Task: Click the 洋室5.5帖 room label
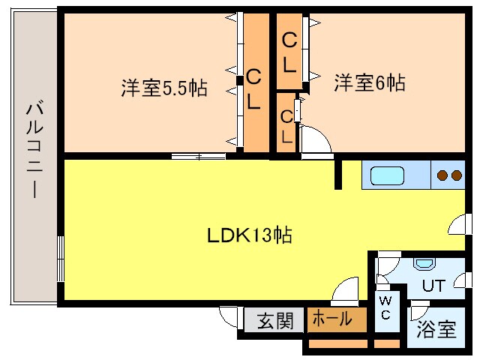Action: (164, 88)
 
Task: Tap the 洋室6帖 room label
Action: (370, 82)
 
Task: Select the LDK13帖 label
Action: (249, 235)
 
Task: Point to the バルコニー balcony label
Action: (34, 150)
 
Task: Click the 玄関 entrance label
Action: (274, 320)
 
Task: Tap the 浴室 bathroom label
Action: (436, 328)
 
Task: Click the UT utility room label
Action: (433, 286)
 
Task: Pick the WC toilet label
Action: (384, 307)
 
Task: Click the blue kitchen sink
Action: (387, 176)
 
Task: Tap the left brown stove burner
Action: (442, 175)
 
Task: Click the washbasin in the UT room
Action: (424, 264)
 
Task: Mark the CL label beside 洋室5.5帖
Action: (254, 89)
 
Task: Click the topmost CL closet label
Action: (289, 52)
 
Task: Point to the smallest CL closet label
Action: (286, 126)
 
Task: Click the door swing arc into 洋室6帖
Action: (313, 140)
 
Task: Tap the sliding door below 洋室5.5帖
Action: (198, 157)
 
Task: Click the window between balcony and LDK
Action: (60, 258)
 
